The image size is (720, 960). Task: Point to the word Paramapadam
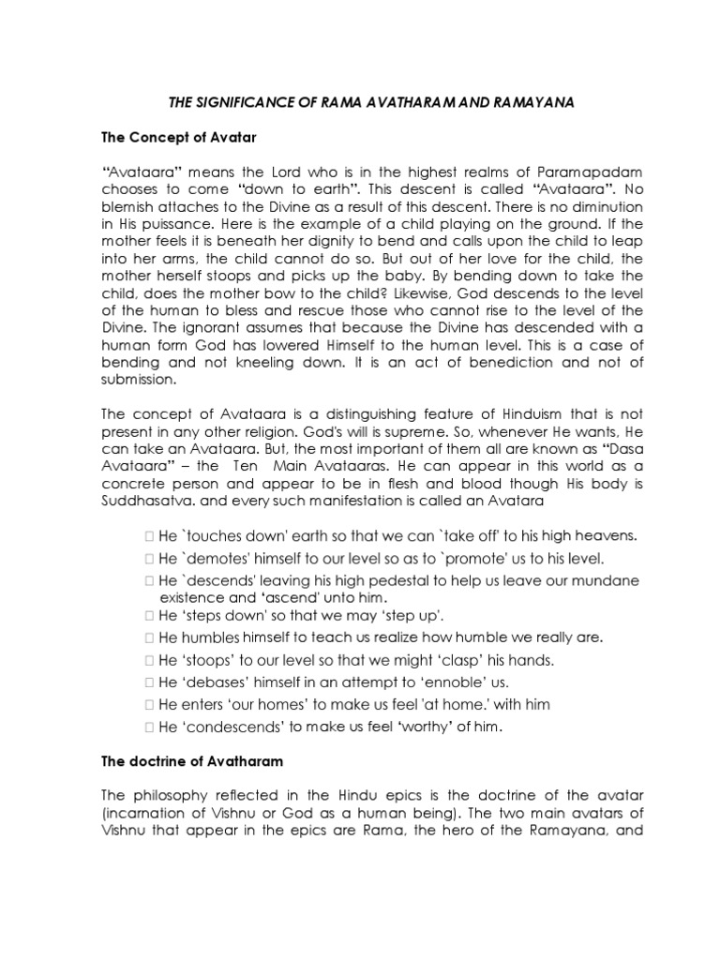pos(568,172)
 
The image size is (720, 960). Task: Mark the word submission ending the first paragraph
pos(139,381)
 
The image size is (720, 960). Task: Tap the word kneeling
pos(259,364)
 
